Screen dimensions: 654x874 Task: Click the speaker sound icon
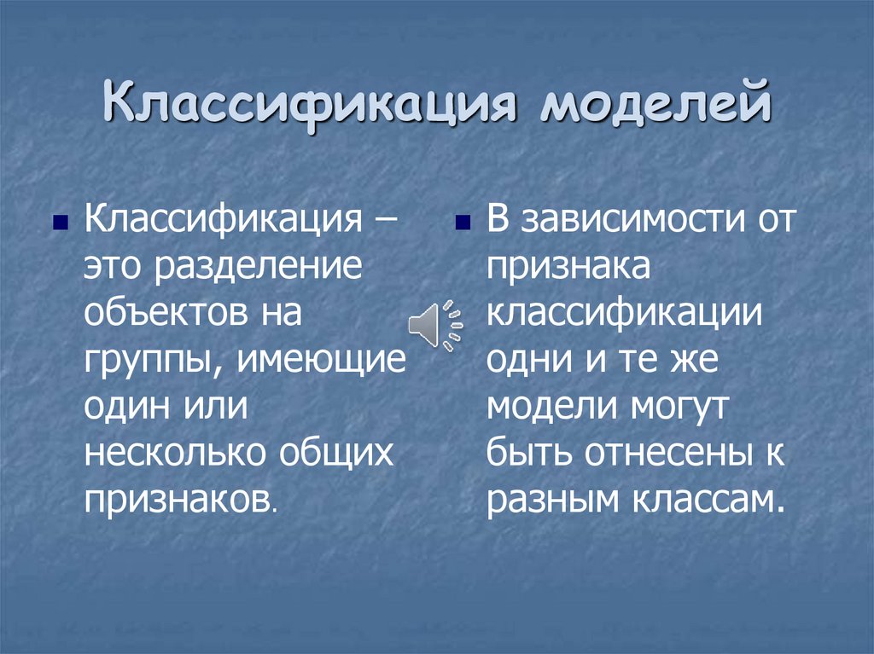click(434, 325)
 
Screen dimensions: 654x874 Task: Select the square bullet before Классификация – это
click(59, 224)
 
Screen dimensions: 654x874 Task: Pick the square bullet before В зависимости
click(463, 224)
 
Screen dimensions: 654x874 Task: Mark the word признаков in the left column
click(178, 500)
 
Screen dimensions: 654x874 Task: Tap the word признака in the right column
click(569, 267)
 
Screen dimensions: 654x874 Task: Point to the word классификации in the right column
click(624, 313)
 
